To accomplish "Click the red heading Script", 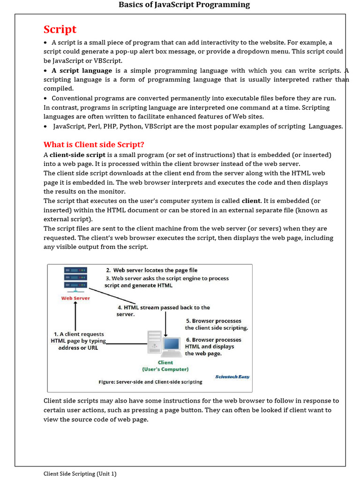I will (x=60, y=30).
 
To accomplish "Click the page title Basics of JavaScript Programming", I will (x=184, y=5).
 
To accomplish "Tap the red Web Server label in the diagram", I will (x=75, y=298).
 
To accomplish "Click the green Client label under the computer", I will (x=165, y=362).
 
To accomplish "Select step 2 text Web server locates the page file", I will (x=151, y=270).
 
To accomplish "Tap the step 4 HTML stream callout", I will (x=163, y=310).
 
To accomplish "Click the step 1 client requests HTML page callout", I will (x=78, y=341).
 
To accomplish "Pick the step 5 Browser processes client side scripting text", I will (x=216, y=324).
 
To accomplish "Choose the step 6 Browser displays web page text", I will (x=213, y=346).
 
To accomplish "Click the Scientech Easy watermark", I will (x=232, y=376).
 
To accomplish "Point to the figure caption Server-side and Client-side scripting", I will (x=150, y=382).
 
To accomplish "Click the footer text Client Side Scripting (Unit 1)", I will (x=80, y=473).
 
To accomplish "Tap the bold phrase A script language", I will (x=82, y=70).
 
